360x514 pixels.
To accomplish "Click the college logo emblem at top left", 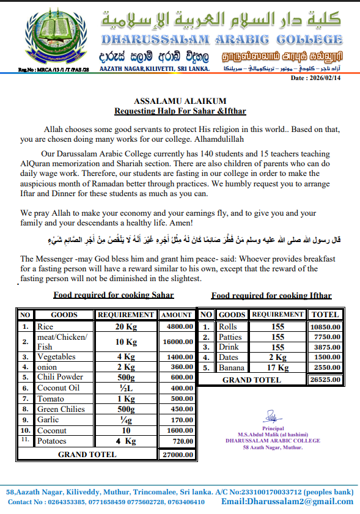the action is click(x=46, y=39).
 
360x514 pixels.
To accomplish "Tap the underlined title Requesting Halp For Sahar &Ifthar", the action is click(x=180, y=111).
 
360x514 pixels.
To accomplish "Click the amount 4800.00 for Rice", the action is click(x=177, y=326).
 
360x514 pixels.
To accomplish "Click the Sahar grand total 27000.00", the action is click(x=177, y=455).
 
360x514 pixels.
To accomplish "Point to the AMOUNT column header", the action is click(x=177, y=315).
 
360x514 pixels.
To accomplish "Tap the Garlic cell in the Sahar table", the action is click(x=48, y=419).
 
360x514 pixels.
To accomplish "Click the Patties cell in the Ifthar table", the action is click(x=230, y=337).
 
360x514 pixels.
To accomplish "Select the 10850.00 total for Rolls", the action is click(x=325, y=326).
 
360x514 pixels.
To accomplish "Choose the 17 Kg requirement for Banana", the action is click(x=277, y=368).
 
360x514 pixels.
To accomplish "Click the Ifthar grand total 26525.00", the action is click(x=325, y=380).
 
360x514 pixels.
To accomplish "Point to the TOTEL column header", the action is click(x=325, y=315).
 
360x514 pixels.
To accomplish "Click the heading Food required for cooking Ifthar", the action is click(x=271, y=295).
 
